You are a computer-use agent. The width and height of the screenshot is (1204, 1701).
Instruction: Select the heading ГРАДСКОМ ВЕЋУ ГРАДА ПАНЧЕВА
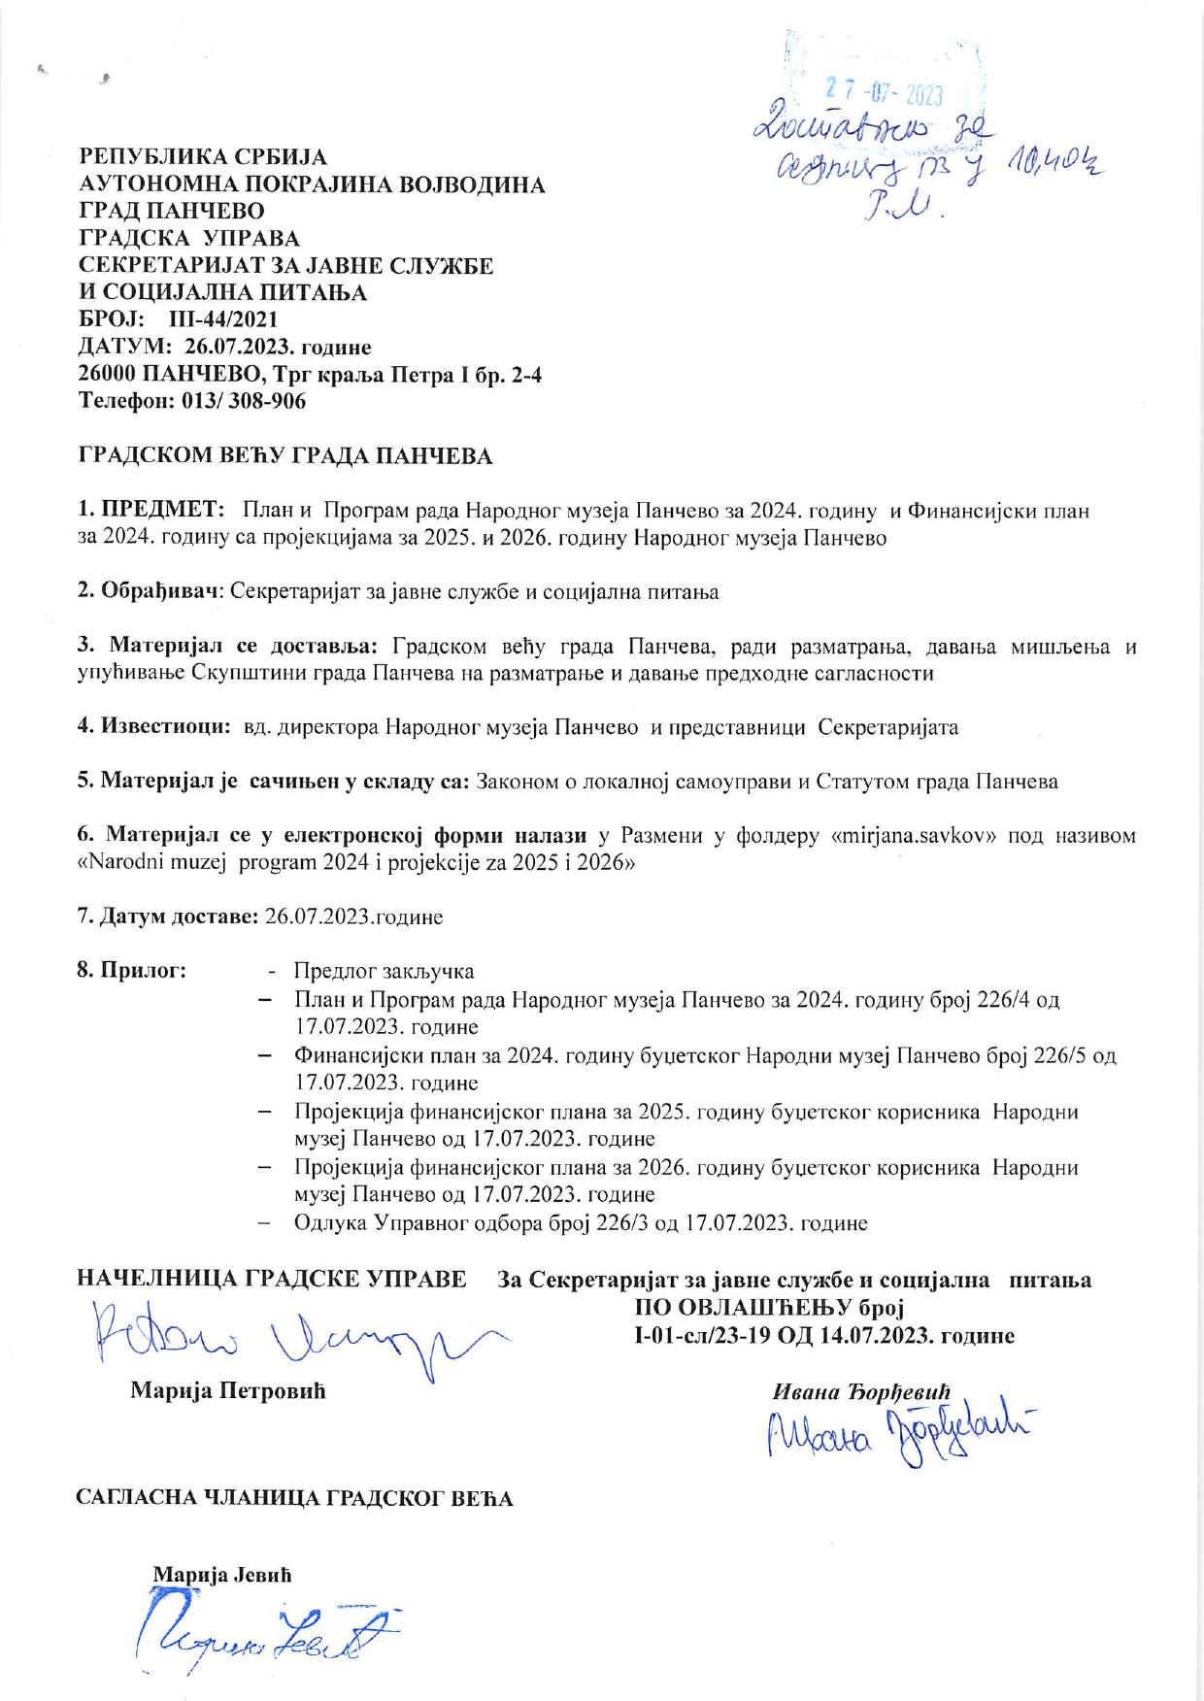(284, 456)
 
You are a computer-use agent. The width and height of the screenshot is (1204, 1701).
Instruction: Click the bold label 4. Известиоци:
(152, 727)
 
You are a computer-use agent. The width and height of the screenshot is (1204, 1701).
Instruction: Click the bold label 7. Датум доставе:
(168, 917)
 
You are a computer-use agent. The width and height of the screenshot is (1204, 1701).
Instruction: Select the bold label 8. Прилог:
(132, 971)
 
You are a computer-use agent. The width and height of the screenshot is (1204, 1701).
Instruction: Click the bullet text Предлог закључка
(384, 971)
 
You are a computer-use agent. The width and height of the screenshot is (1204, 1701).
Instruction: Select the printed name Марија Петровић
(228, 1391)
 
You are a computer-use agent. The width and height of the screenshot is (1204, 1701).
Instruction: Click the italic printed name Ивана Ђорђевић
(860, 1391)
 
